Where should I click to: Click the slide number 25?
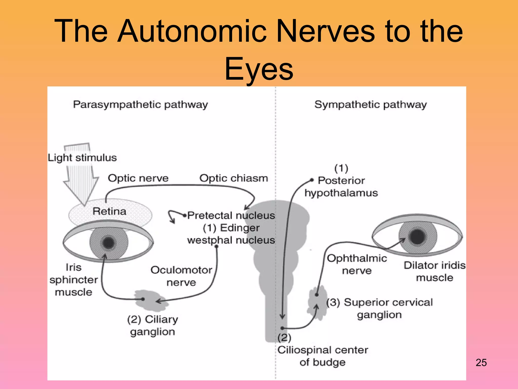[481, 363]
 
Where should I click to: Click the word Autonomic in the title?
[192, 31]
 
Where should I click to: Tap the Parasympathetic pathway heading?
[140, 105]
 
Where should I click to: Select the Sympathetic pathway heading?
[370, 105]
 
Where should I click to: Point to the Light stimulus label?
[82, 158]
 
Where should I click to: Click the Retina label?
[109, 211]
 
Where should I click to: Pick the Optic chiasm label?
[233, 178]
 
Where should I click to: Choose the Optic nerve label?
[138, 178]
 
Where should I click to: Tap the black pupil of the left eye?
[109, 243]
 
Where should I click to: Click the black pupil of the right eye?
[418, 237]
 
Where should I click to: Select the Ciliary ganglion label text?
[153, 325]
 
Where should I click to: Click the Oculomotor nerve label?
[181, 276]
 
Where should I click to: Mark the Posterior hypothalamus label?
[341, 187]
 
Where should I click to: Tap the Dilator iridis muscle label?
[435, 271]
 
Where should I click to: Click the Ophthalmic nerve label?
[357, 264]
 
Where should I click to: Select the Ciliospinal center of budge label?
[323, 356]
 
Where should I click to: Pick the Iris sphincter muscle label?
[74, 280]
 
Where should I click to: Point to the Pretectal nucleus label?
[231, 216]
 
